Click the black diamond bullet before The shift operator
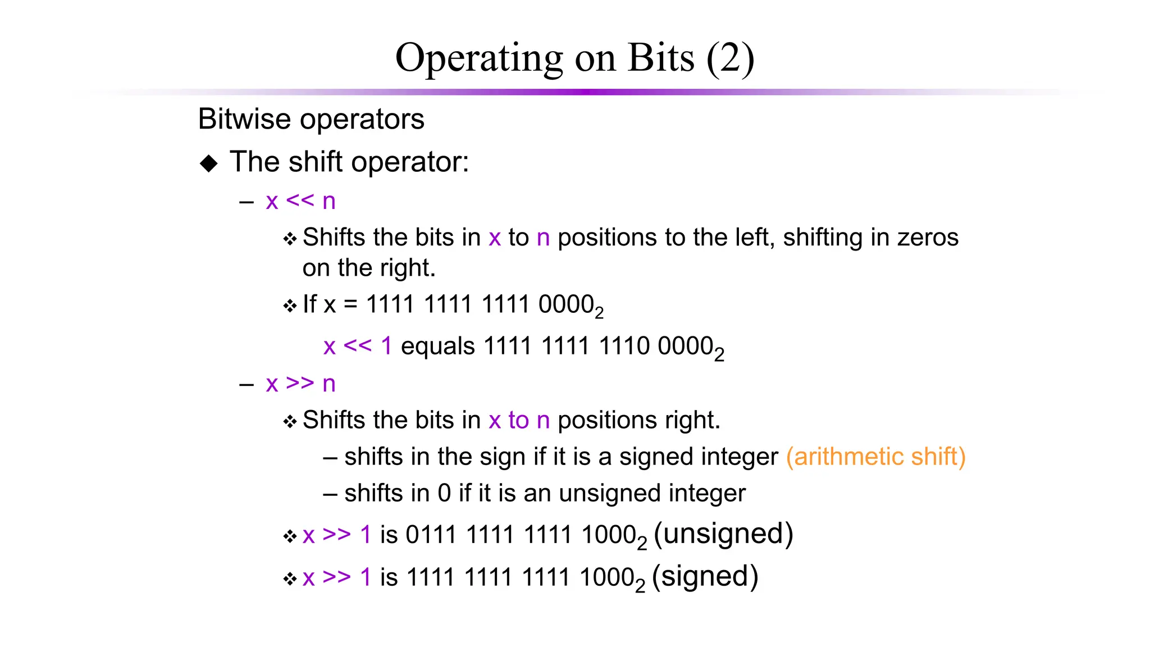(209, 163)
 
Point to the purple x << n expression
(300, 201)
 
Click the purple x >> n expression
(300, 384)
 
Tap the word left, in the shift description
(756, 238)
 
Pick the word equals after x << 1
(438, 346)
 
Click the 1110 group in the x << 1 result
(624, 346)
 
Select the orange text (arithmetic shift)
(875, 457)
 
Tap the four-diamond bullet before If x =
(290, 306)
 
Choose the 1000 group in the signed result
(607, 577)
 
